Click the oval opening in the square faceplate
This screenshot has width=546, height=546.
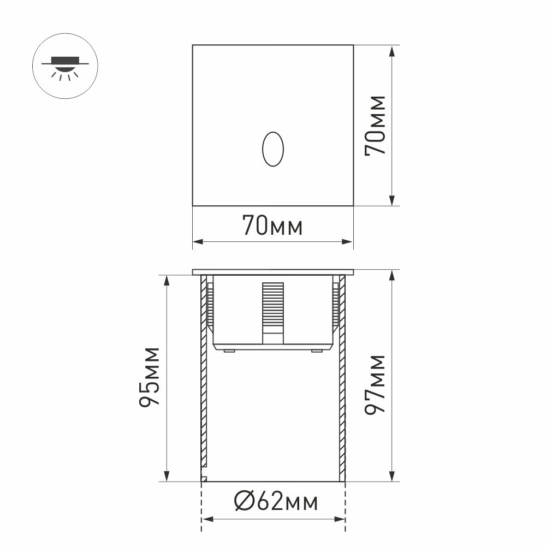pyautogui.click(x=272, y=149)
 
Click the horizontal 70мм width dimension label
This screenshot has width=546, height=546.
pyautogui.click(x=272, y=226)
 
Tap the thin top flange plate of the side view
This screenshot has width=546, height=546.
pyautogui.click(x=273, y=271)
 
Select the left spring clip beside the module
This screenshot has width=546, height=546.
pyautogui.click(x=210, y=306)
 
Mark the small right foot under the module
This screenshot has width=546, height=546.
pyautogui.click(x=316, y=351)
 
